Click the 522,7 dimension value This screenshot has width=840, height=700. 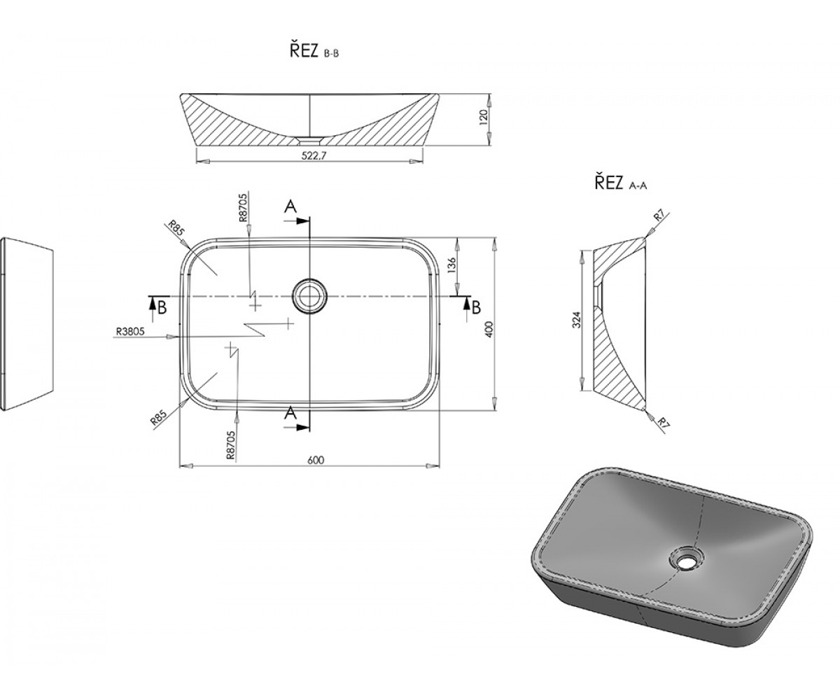click(314, 157)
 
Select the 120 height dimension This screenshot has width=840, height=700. click(484, 116)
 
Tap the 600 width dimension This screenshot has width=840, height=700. click(316, 460)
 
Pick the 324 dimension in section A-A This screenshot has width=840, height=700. click(577, 320)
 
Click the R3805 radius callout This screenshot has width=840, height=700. click(129, 331)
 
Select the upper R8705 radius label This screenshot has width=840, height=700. click(243, 208)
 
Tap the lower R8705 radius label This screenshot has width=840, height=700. click(230, 445)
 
